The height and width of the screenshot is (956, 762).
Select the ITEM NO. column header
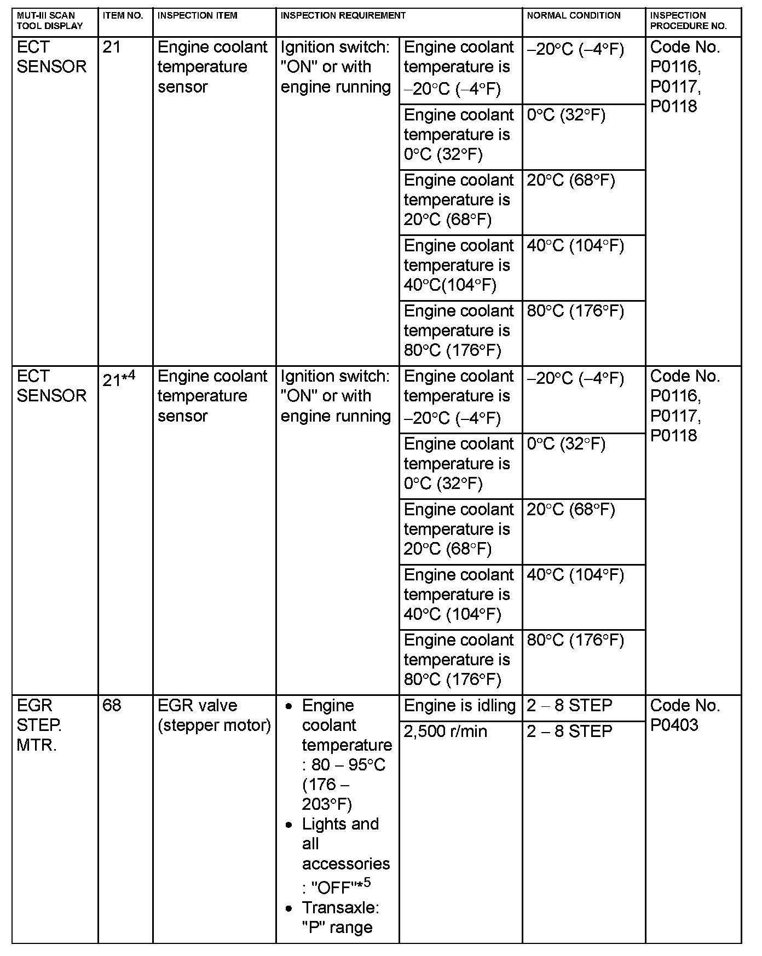123,15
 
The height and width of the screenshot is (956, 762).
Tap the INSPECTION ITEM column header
197,15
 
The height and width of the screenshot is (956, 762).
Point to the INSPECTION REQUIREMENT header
343,15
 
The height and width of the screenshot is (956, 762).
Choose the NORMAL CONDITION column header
573,15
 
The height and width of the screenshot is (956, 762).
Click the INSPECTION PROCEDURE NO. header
688,20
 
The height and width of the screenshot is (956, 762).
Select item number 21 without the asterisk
111,47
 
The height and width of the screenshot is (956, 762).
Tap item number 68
111,705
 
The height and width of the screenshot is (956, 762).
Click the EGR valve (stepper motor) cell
214,715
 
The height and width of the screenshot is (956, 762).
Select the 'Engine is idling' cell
459,706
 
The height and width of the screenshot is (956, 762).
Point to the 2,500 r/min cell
445,732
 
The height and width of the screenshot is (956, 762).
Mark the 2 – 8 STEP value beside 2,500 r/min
569,732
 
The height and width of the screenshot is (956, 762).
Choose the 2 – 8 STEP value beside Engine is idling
569,706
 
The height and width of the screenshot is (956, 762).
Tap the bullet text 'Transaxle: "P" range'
340,917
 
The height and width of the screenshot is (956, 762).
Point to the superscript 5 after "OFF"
367,882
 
